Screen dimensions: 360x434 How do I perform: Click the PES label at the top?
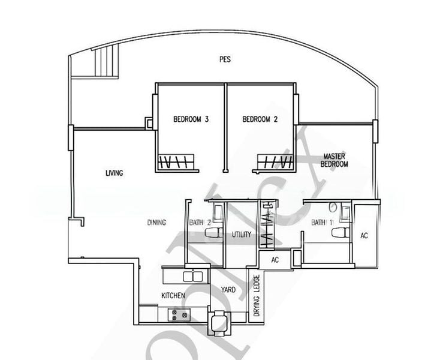click(x=225, y=59)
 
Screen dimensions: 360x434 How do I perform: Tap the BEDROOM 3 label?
click(x=191, y=119)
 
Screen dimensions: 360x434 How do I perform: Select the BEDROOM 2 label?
click(x=260, y=119)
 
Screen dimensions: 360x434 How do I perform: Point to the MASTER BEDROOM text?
click(x=334, y=160)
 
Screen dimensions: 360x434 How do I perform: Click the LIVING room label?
click(x=114, y=173)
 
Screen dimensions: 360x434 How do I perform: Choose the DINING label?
click(x=156, y=223)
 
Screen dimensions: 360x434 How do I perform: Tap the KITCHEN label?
click(x=173, y=296)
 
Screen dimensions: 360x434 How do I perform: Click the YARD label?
click(x=228, y=290)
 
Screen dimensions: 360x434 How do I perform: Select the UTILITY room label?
click(x=242, y=235)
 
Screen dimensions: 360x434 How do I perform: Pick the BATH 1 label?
click(x=319, y=223)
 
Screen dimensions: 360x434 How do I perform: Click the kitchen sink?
click(x=192, y=277)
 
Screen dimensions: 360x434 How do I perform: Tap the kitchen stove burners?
click(x=179, y=314)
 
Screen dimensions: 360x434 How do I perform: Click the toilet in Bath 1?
click(x=341, y=232)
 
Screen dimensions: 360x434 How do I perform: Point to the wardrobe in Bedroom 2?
click(x=275, y=163)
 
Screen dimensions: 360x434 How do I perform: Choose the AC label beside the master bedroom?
click(x=364, y=236)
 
